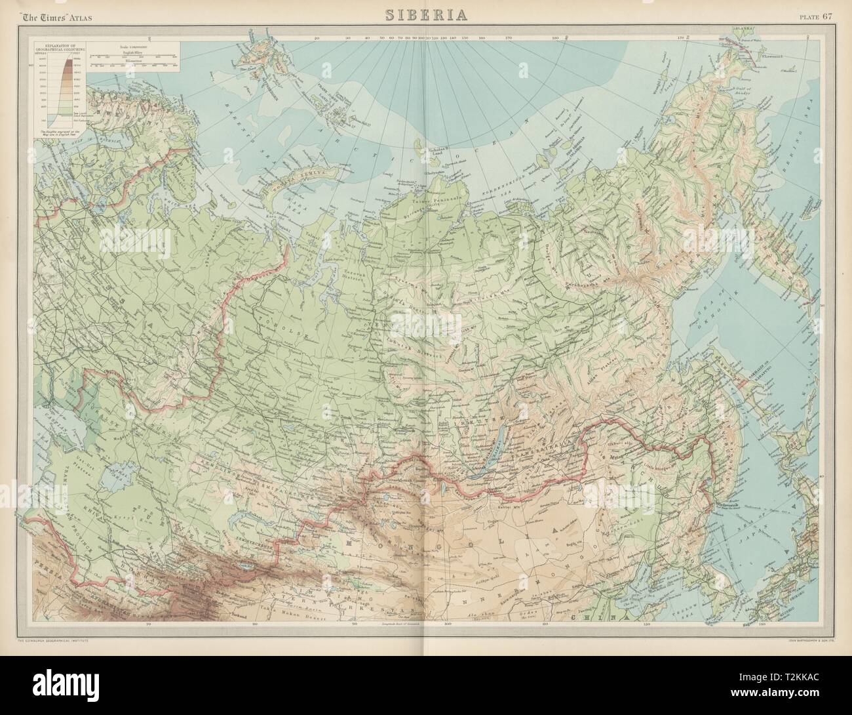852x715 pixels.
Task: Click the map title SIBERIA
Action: (425, 15)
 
